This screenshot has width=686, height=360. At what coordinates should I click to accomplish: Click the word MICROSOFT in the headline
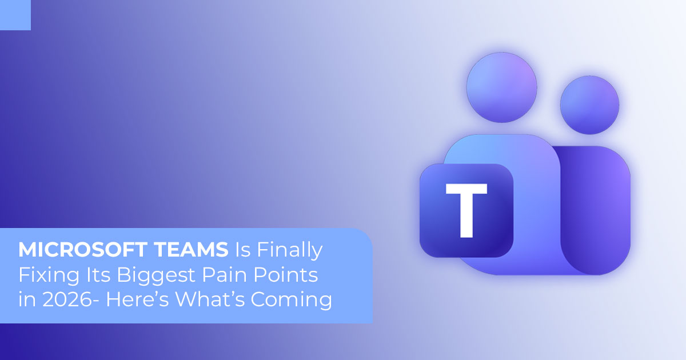click(83, 250)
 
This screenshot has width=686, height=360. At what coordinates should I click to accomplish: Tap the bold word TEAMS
click(192, 250)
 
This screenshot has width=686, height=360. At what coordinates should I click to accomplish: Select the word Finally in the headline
click(290, 251)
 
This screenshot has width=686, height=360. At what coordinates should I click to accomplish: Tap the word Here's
click(137, 299)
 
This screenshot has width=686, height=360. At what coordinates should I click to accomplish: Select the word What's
click(210, 299)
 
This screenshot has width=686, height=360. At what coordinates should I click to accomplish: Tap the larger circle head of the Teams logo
click(502, 87)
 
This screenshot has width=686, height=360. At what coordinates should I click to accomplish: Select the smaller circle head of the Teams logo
click(589, 105)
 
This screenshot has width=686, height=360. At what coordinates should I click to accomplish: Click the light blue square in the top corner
click(15, 15)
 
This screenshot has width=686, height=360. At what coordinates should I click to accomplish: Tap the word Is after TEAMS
click(242, 250)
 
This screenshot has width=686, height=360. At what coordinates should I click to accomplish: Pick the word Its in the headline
click(98, 275)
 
